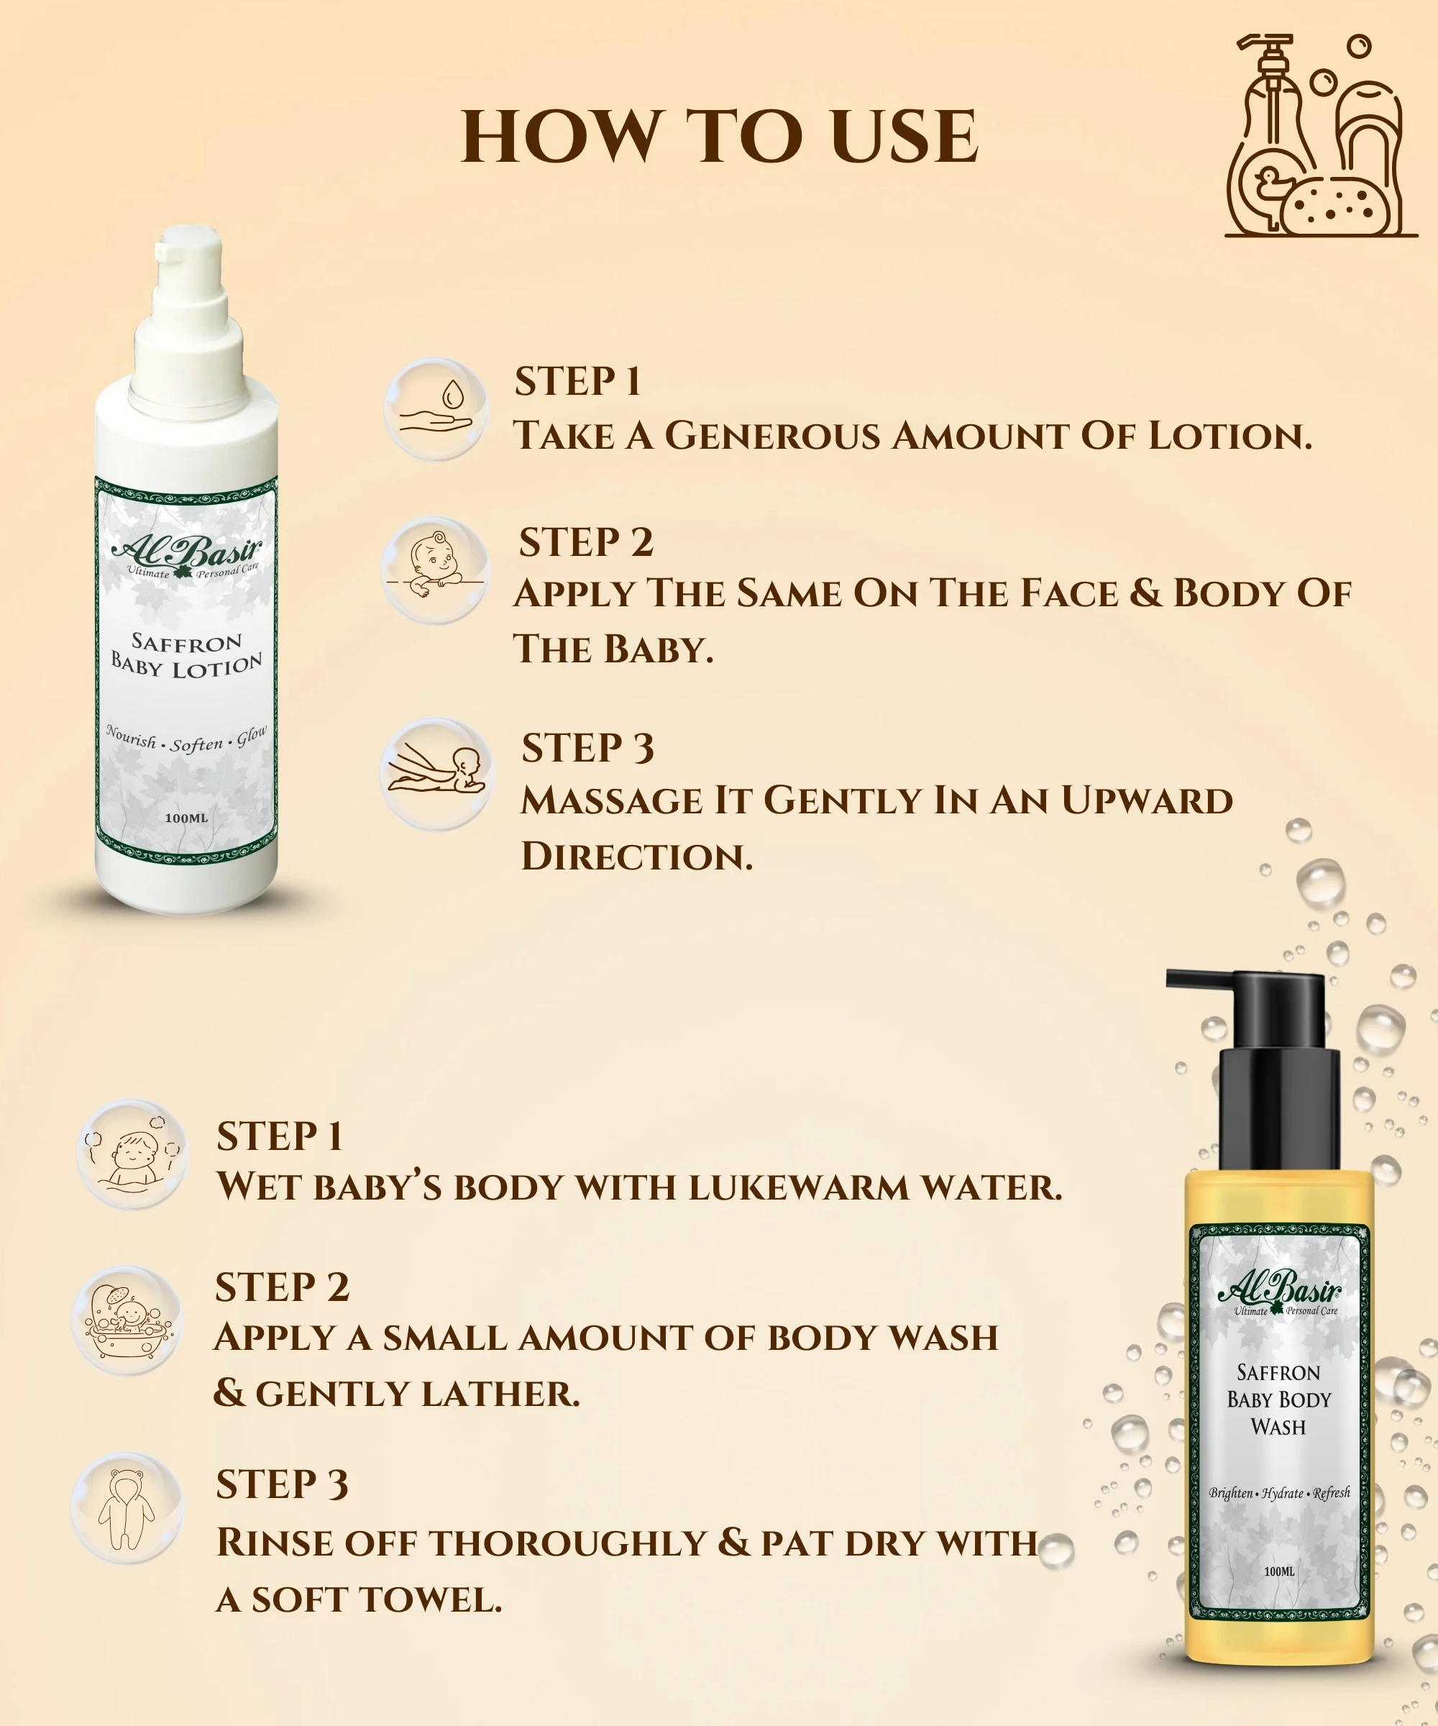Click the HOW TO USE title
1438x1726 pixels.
(720, 137)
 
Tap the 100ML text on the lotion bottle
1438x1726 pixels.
(186, 818)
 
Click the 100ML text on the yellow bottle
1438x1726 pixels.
(1279, 1571)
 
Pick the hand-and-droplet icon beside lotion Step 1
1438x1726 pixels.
(436, 408)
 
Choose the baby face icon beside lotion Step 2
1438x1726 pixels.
(436, 568)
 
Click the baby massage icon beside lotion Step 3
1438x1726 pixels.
(436, 773)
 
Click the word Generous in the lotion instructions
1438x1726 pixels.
(772, 436)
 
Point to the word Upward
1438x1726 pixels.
(1147, 800)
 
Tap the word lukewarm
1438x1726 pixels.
(800, 1187)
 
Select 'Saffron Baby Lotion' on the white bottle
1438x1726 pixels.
(188, 654)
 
